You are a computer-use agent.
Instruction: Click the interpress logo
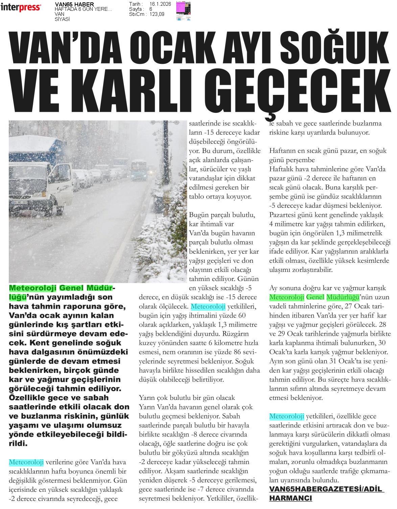(x=21, y=7)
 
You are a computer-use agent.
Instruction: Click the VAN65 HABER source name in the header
(x=74, y=4)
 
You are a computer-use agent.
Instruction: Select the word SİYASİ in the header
(x=62, y=19)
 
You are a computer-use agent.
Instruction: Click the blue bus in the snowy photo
(x=139, y=170)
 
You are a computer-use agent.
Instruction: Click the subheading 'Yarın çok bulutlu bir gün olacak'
(x=187, y=398)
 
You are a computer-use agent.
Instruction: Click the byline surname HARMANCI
(x=290, y=498)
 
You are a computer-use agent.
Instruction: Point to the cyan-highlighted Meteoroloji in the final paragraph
(x=286, y=416)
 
